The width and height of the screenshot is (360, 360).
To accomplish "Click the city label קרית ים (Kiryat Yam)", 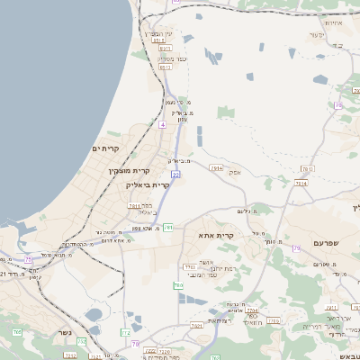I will coord(106,147).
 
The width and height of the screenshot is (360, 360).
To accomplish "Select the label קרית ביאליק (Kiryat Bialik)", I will coord(148,184).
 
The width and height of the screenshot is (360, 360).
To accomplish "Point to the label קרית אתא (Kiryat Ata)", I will coord(217,236).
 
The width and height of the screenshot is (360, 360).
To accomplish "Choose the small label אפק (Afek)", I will coord(234,171).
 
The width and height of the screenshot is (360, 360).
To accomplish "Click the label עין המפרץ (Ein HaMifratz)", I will coord(163,33).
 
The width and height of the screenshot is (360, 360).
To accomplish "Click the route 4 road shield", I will coord(162,125).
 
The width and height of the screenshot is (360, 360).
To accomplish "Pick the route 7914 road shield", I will coord(301,184).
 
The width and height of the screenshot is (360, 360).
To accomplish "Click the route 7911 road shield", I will coord(216,167).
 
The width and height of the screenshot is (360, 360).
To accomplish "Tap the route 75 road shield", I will coord(29,260).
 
